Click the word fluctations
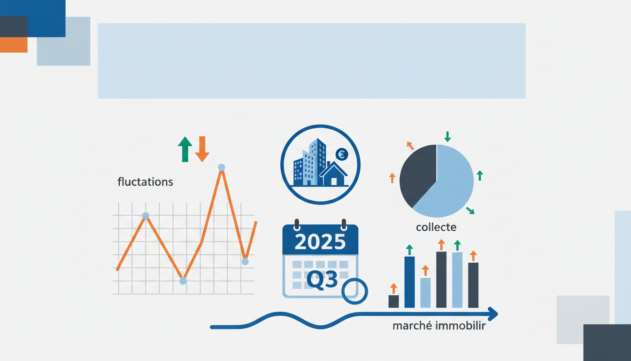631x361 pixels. pyautogui.click(x=145, y=182)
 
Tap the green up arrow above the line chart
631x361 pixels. pyautogui.click(x=185, y=149)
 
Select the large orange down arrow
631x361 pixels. pyautogui.click(x=202, y=149)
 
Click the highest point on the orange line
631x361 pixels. pyautogui.click(x=222, y=167)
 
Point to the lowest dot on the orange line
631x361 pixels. pyautogui.click(x=183, y=281)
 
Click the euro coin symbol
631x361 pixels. pyautogui.click(x=342, y=154)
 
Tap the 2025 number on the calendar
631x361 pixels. pyautogui.click(x=321, y=241)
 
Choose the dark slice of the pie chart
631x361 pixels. pyautogui.click(x=417, y=174)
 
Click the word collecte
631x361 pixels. pyautogui.click(x=436, y=228)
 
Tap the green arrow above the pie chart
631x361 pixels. pyautogui.click(x=447, y=137)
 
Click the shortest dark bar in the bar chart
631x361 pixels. pyautogui.click(x=393, y=301)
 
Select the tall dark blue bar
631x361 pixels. pyautogui.click(x=409, y=282)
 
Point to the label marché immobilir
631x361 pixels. pyautogui.click(x=439, y=326)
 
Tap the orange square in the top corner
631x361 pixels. pyautogui.click(x=14, y=45)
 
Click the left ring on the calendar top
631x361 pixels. pyautogui.click(x=296, y=224)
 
